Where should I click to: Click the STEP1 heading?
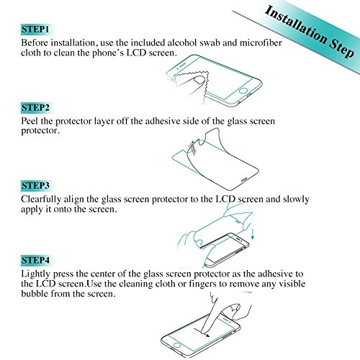click(35, 30)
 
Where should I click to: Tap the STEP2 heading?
click(35, 107)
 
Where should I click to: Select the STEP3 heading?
click(35, 186)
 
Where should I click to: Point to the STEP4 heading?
click(35, 260)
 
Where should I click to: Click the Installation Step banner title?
click(310, 32)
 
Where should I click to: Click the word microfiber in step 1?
click(261, 42)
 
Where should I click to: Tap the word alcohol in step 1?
click(182, 42)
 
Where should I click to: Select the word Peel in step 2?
click(30, 121)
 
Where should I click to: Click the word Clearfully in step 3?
click(41, 199)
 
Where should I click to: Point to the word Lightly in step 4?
click(36, 274)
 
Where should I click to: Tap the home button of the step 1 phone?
click(243, 91)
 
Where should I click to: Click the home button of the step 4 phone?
click(177, 345)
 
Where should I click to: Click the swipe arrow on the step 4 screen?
click(201, 333)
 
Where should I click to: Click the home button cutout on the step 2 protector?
click(244, 179)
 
